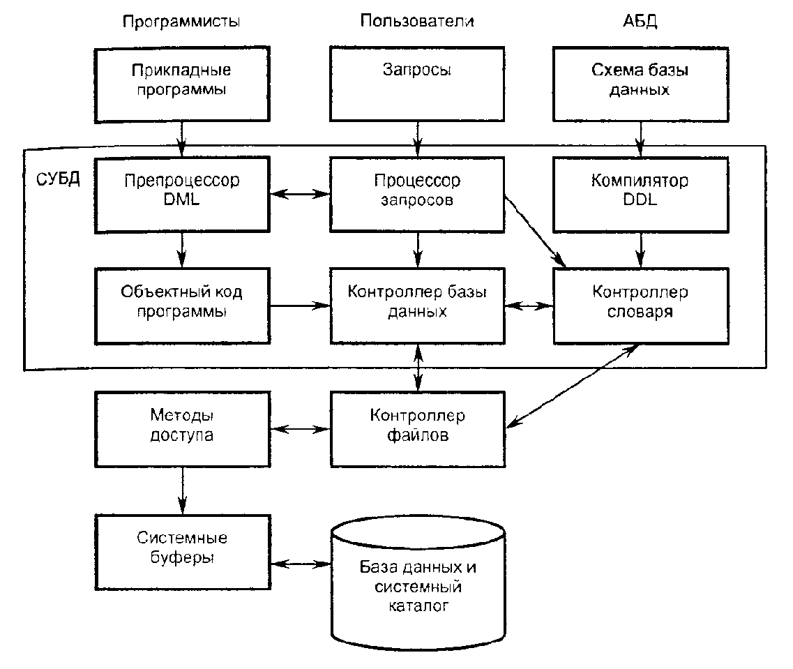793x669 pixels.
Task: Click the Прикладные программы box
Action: (182, 82)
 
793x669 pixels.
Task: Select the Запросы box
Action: (417, 82)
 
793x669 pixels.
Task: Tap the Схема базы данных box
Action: (640, 82)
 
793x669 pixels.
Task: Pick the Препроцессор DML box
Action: (182, 191)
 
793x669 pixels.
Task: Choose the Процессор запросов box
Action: (417, 191)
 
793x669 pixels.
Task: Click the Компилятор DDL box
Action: (640, 191)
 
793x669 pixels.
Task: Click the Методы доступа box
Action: (182, 428)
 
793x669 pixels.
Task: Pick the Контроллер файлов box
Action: (417, 428)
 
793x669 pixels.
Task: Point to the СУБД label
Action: (57, 176)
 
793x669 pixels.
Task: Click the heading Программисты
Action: (181, 21)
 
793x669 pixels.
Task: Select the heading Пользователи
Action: (417, 21)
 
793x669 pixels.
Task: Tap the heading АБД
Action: (640, 21)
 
